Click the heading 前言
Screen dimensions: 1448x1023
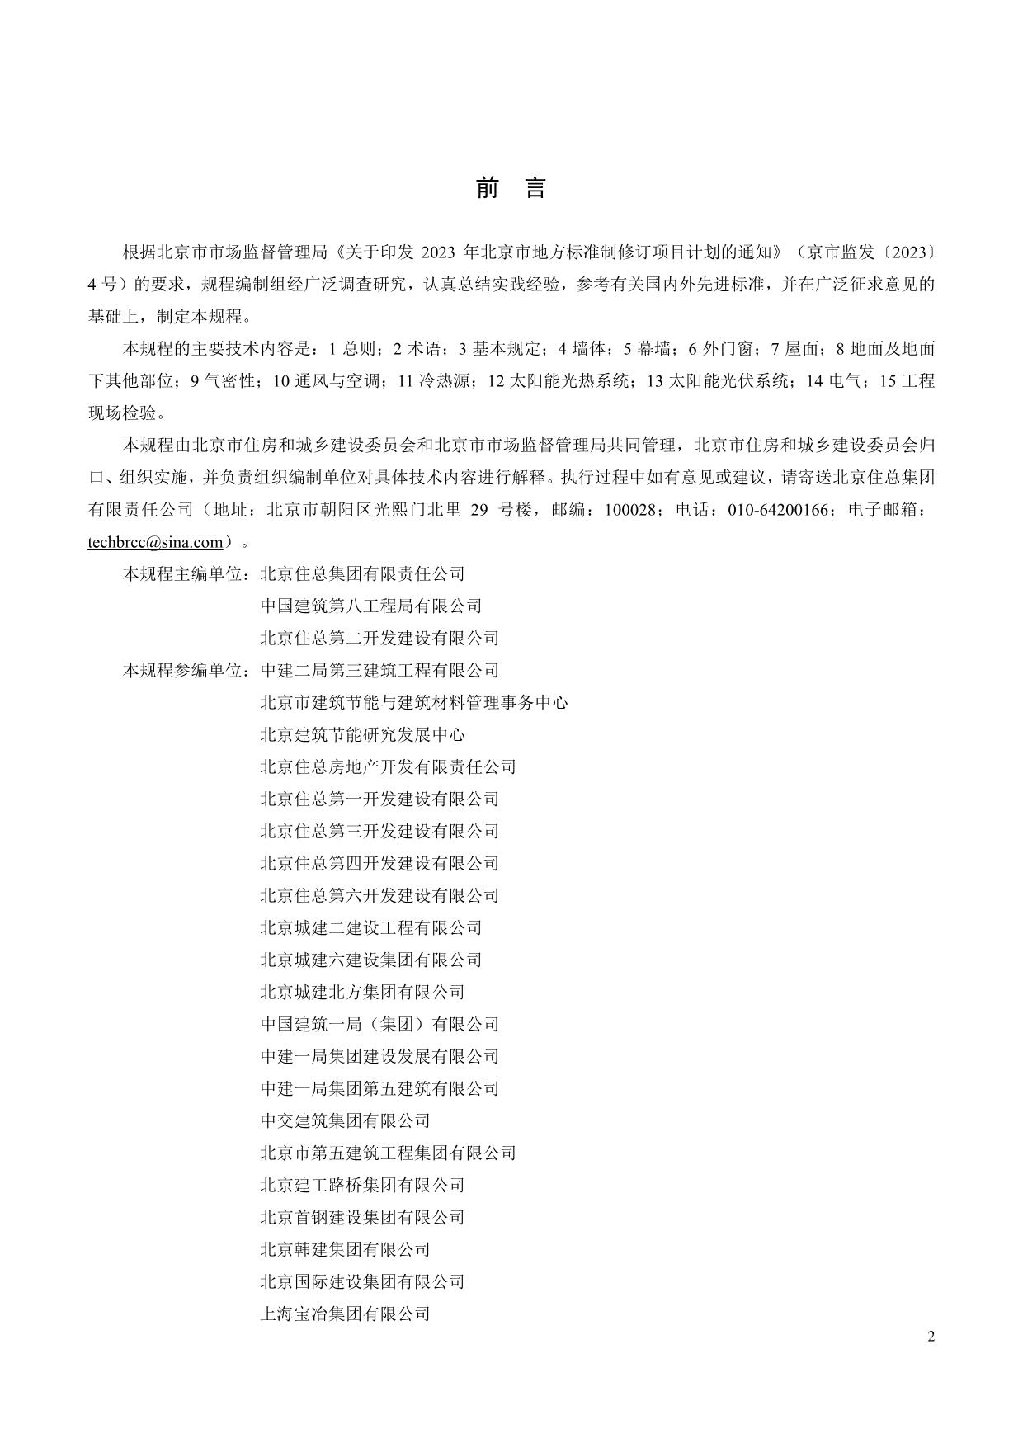511,189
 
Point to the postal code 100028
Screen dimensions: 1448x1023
632,510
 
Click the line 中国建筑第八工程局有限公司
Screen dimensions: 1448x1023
370,606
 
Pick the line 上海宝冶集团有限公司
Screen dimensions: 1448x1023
345,1314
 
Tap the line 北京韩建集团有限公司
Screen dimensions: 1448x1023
345,1249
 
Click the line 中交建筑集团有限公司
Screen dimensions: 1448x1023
345,1120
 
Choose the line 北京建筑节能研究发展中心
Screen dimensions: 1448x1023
362,735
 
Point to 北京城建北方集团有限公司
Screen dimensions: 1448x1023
362,992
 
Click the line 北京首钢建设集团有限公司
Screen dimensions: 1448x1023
362,1217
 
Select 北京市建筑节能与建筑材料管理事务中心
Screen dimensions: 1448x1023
413,703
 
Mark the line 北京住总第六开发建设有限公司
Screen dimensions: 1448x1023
379,895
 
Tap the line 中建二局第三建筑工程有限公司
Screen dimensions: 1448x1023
379,671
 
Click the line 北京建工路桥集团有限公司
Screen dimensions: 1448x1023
362,1185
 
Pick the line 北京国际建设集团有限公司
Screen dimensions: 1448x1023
362,1281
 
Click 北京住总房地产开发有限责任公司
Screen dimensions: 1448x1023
388,767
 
